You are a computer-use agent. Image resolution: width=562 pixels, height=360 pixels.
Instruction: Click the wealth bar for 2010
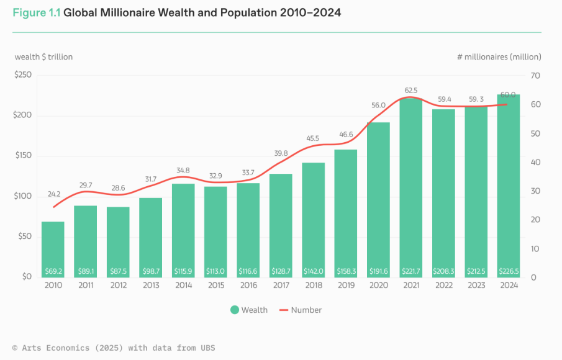pos(53,248)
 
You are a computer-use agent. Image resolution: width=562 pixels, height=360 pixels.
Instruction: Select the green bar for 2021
pos(410,186)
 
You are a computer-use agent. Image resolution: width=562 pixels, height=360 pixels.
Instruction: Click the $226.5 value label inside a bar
pos(508,271)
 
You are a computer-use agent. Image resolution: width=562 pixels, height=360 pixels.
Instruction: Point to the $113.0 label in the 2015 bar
pos(215,271)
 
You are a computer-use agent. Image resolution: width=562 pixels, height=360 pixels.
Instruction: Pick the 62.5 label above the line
pos(410,91)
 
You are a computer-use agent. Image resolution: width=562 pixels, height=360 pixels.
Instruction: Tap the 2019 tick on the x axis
pos(345,286)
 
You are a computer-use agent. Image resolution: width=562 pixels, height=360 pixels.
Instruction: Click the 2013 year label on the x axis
pos(150,286)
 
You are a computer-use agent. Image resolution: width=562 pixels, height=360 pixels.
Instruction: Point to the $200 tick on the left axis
pos(24,115)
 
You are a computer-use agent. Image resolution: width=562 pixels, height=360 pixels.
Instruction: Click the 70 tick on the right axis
pos(535,76)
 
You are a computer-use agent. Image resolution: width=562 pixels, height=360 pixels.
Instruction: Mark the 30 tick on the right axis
pos(535,191)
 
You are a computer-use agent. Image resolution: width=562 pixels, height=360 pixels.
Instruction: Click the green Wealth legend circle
pos(234,310)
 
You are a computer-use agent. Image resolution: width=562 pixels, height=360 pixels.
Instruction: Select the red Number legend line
pos(283,310)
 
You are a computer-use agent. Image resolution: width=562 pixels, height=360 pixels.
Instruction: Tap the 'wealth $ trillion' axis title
pos(43,56)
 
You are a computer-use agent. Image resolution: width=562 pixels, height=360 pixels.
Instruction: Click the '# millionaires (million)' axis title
pos(499,56)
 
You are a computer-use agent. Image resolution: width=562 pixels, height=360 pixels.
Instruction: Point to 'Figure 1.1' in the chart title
pos(36,12)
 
